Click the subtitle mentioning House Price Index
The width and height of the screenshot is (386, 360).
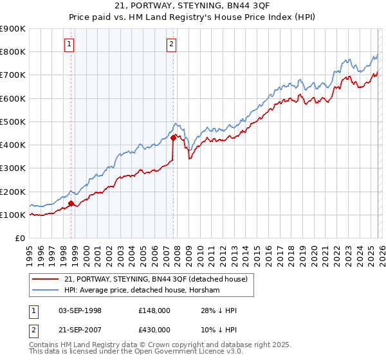tap(193, 18)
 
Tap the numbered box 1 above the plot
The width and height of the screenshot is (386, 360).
tap(69, 44)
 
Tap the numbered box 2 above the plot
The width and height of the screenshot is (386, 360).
tap(172, 44)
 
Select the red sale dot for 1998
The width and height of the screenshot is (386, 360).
tap(71, 204)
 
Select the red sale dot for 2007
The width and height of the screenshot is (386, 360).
tap(174, 138)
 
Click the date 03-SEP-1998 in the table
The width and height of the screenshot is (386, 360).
tap(89, 310)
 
